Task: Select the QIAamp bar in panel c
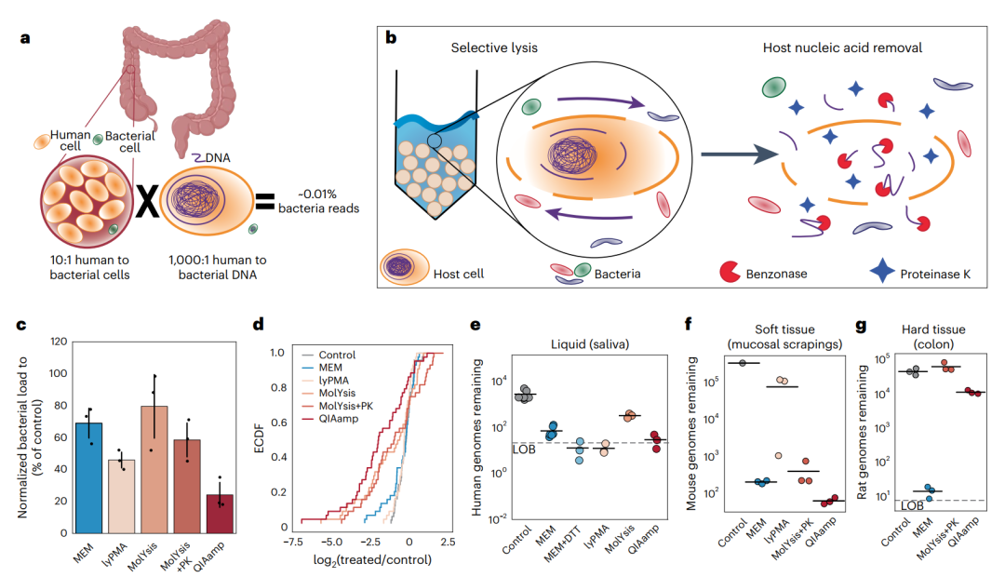click(x=221, y=513)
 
